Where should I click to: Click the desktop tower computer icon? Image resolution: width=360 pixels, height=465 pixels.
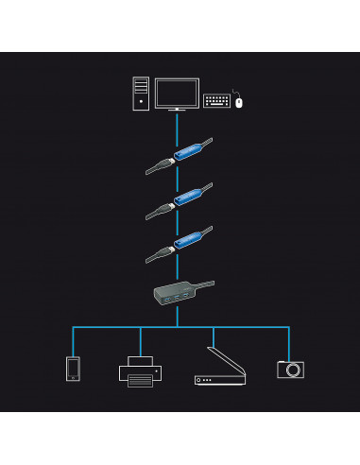click(x=140, y=93)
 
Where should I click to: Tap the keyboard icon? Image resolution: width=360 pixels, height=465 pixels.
click(x=217, y=98)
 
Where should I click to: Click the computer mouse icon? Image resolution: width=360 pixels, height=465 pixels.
click(x=240, y=101)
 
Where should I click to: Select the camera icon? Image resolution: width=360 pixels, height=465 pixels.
click(x=289, y=369)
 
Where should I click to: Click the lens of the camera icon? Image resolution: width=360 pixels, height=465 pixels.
click(x=289, y=370)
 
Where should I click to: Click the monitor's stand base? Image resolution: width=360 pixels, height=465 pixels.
click(x=176, y=110)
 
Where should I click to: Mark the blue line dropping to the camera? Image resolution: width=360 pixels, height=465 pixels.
click(x=288, y=342)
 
